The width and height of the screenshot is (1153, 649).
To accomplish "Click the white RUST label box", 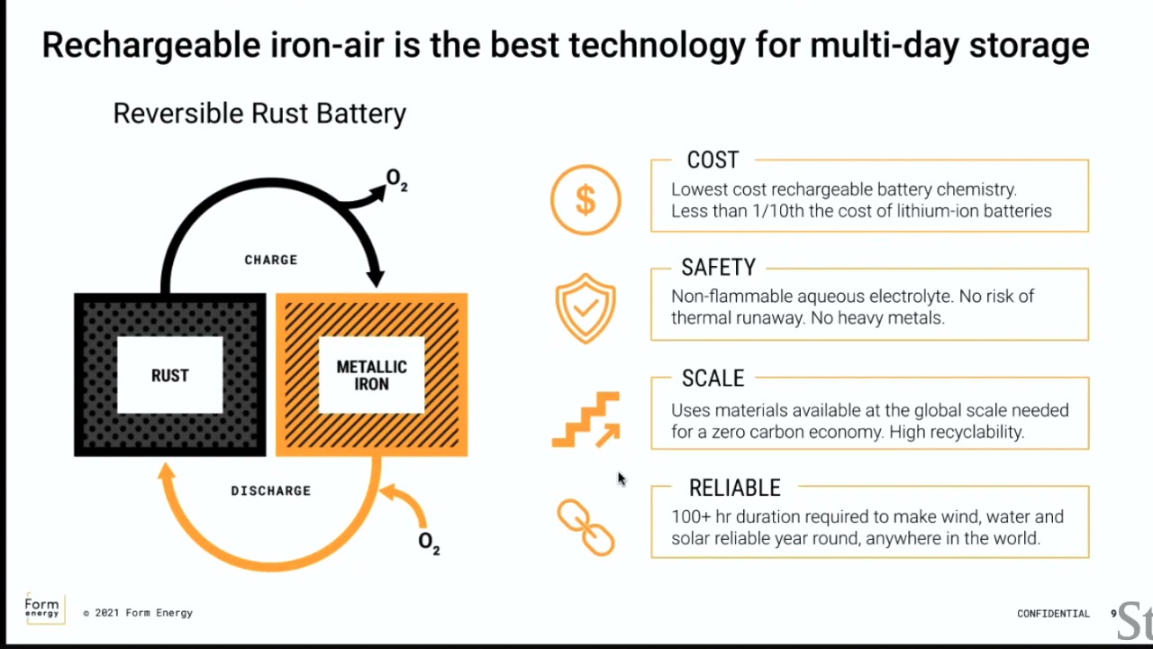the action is pos(170,375).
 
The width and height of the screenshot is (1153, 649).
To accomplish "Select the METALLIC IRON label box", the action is pos(372,375).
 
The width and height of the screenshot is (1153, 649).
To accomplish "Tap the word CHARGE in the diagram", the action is pos(271,260).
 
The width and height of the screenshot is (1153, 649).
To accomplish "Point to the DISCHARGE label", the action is pos(271,491).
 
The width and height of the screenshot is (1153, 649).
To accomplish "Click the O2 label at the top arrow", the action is pos(397,179).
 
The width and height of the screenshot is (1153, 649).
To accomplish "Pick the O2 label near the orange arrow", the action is pos(429,543).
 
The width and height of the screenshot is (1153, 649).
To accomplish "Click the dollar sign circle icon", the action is pos(586,200).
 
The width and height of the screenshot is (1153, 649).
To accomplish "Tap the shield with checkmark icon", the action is pos(586,308).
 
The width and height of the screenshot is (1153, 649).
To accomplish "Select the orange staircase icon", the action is pos(586,420).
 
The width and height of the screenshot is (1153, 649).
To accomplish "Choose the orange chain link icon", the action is pos(586,527).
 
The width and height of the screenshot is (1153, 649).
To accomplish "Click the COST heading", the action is pos(713,160).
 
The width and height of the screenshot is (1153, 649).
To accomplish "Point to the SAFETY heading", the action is pos(719,268).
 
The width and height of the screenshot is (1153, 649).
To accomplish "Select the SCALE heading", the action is pos(713,378).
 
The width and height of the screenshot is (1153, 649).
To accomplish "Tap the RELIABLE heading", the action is pos(734,488).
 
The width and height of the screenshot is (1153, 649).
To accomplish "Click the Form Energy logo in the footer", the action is pos(44,608).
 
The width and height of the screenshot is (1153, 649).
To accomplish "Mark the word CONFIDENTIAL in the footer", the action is pos(1053,614).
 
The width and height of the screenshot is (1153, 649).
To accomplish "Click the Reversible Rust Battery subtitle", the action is pos(259,114).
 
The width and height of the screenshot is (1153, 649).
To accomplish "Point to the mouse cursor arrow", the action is pos(622,479).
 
